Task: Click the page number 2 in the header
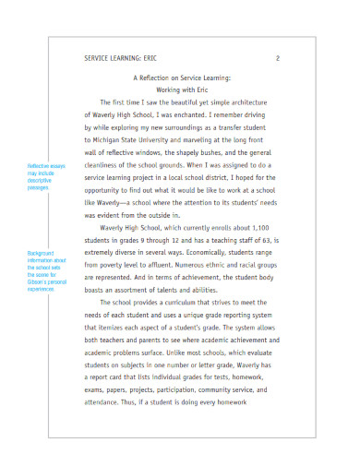click(277, 57)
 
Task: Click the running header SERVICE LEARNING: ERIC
click(120, 57)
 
